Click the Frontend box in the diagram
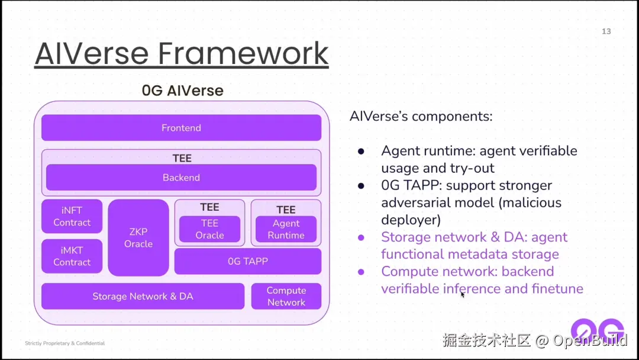point(181,128)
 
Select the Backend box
point(181,178)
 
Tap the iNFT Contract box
point(72,217)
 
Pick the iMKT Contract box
point(72,256)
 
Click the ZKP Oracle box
point(138,237)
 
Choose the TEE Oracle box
point(209,229)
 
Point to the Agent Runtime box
point(286,229)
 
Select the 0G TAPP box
point(247,261)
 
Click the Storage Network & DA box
point(143,296)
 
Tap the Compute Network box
point(286,296)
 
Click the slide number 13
point(606,31)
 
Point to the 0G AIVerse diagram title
point(182,91)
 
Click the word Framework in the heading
point(243,54)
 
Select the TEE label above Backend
point(181,158)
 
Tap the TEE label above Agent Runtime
point(286,210)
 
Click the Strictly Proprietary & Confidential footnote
point(65,343)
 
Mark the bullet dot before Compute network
point(361,272)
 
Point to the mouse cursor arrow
point(463,294)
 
